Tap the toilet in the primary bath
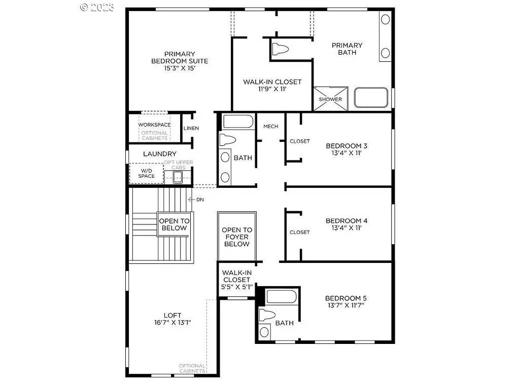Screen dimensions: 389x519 click(280, 49)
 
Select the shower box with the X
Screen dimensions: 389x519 click(330, 98)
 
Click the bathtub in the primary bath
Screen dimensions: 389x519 click(371, 98)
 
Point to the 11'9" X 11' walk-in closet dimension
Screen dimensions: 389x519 click(272, 89)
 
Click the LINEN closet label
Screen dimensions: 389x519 click(191, 128)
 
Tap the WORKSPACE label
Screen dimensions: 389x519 click(154, 125)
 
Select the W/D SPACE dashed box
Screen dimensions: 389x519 click(146, 173)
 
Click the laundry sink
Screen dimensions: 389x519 click(177, 177)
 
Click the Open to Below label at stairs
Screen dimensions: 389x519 click(174, 224)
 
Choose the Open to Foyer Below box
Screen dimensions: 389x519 click(236, 237)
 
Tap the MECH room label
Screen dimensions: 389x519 click(270, 126)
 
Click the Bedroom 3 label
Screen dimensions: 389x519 click(347, 146)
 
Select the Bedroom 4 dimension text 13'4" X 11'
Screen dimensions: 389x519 click(347, 228)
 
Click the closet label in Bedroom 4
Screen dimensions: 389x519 click(299, 232)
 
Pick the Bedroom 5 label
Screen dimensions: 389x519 click(345, 298)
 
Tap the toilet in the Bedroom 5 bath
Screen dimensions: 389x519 click(266, 315)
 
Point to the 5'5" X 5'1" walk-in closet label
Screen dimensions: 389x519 click(236, 287)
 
